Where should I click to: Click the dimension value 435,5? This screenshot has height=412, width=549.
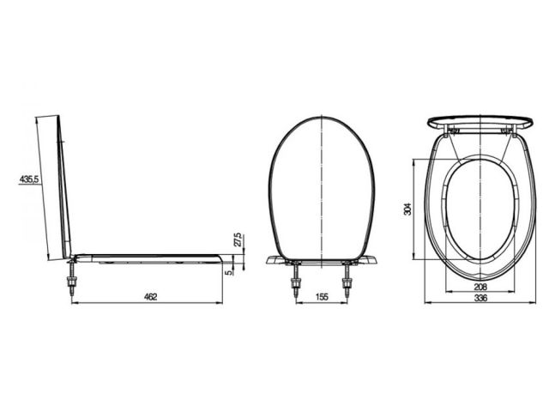[28, 179]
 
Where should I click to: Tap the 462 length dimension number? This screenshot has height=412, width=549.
[151, 297]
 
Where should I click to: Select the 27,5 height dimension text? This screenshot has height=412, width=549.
[238, 239]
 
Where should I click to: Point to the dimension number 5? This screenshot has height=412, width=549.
[229, 272]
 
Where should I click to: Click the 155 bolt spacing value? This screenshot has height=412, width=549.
[322, 297]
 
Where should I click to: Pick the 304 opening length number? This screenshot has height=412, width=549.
[408, 209]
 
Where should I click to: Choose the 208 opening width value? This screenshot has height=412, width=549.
[480, 287]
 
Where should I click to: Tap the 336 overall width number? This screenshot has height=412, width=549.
[480, 298]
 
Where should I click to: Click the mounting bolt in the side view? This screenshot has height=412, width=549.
[73, 276]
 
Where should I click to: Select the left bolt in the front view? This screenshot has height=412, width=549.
[297, 279]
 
